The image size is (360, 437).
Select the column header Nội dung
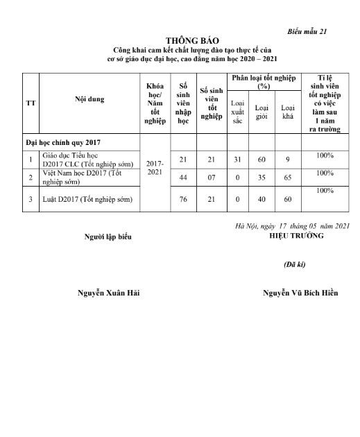tap(89, 99)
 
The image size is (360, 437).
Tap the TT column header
tap(30, 102)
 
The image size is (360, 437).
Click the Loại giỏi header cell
tap(262, 112)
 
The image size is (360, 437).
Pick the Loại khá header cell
tap(286, 112)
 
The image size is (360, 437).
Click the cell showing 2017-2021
tap(155, 169)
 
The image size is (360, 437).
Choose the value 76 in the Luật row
tap(183, 200)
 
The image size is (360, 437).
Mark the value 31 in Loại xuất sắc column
tap(237, 160)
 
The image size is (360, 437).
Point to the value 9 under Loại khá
tap(286, 160)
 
